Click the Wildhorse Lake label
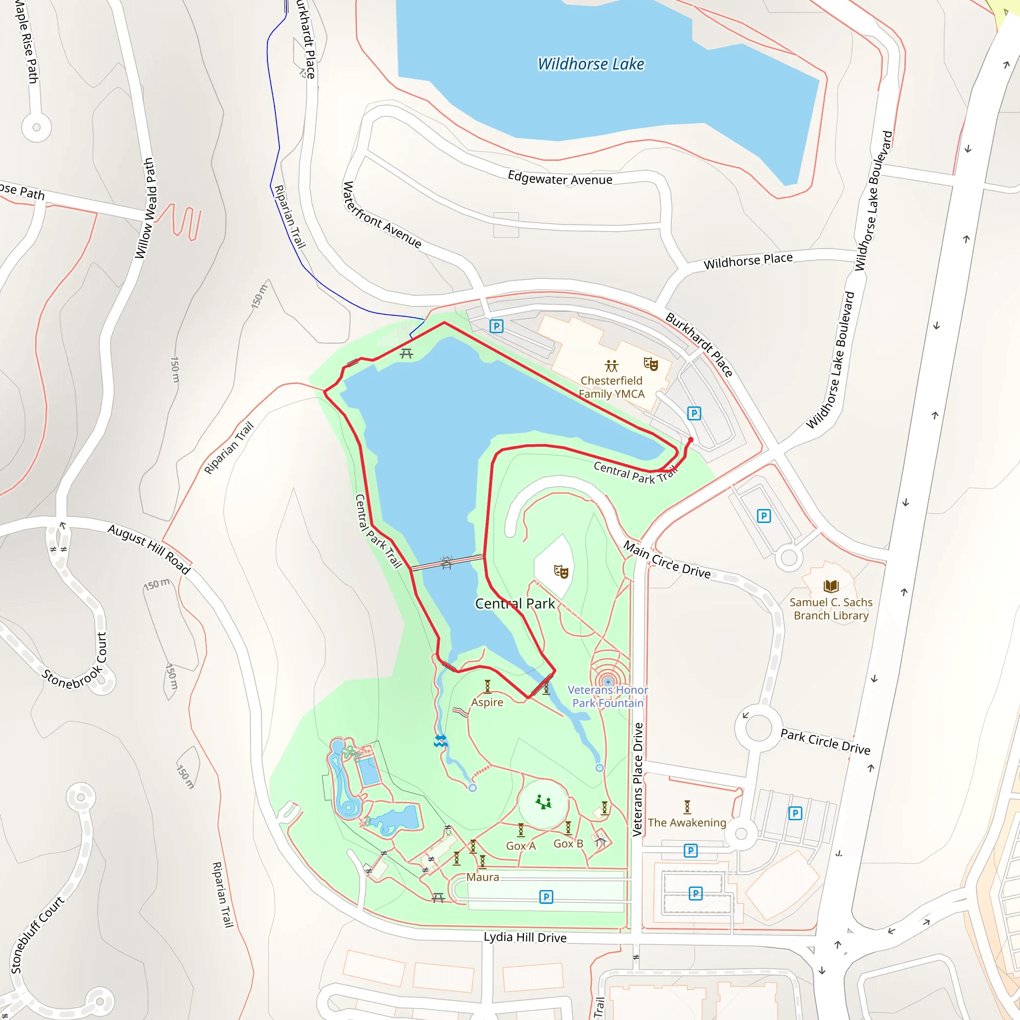pyautogui.click(x=591, y=64)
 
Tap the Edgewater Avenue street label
pyautogui.click(x=560, y=178)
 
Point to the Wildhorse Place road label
pyautogui.click(x=748, y=261)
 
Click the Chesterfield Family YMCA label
pyautogui.click(x=612, y=387)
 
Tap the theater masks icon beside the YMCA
pyautogui.click(x=650, y=363)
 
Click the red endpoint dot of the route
pyautogui.click(x=691, y=439)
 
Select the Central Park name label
pyautogui.click(x=515, y=604)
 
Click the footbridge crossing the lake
pyautogui.click(x=447, y=563)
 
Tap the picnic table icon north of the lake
pyautogui.click(x=406, y=353)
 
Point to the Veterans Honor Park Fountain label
pyautogui.click(x=608, y=696)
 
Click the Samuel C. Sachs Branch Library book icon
pyautogui.click(x=831, y=586)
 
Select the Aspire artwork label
pyautogui.click(x=487, y=702)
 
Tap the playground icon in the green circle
pyautogui.click(x=543, y=802)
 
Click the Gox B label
pyautogui.click(x=568, y=844)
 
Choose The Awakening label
pyautogui.click(x=687, y=823)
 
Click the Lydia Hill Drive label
pyautogui.click(x=525, y=937)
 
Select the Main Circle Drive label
pyautogui.click(x=667, y=560)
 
